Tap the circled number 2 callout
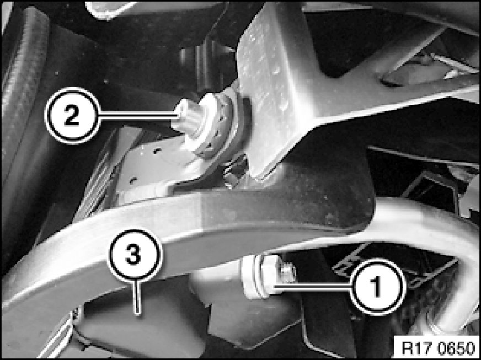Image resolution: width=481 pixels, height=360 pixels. point(72,116)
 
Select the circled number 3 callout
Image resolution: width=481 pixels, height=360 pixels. point(135,255)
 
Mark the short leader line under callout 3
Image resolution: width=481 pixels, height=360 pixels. point(138,298)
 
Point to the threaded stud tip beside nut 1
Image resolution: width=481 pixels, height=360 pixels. point(288,273)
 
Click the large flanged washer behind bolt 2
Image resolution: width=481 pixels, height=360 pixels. point(215,124)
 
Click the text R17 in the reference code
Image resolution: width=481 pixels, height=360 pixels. point(413,348)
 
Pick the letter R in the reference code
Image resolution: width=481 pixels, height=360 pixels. point(406,348)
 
